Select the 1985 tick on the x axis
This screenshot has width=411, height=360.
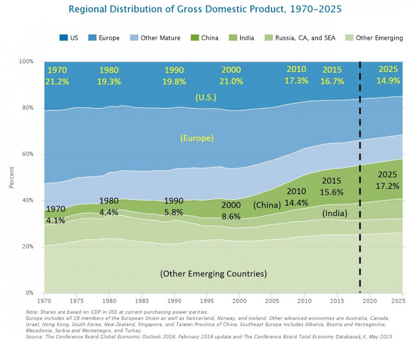click(142, 300)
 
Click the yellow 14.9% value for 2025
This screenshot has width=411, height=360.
click(387, 81)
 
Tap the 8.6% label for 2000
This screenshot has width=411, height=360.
click(230, 217)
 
